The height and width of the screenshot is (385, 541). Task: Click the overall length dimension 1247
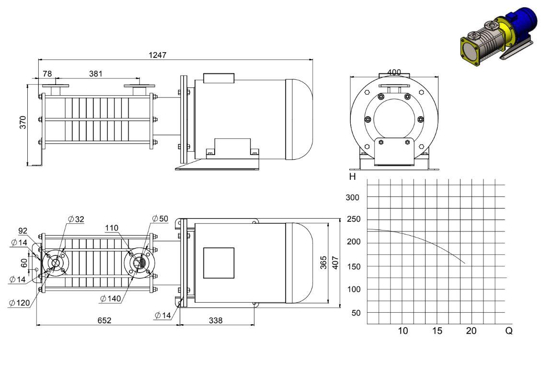click(x=158, y=55)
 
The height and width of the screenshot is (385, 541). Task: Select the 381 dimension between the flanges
click(x=95, y=74)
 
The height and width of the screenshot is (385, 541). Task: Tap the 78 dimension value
click(x=47, y=74)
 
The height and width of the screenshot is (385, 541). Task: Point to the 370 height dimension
click(x=23, y=122)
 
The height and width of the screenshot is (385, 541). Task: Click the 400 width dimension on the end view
click(x=394, y=72)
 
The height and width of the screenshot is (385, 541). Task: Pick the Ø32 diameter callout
click(x=76, y=220)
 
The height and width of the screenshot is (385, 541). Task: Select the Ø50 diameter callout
click(x=160, y=219)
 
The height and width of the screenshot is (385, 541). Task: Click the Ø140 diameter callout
click(x=111, y=298)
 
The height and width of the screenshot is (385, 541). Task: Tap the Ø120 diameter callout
click(x=19, y=303)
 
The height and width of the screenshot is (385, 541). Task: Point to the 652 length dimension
click(x=104, y=320)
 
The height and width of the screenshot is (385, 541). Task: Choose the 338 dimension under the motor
click(x=216, y=320)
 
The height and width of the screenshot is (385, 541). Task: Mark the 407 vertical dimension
click(x=335, y=263)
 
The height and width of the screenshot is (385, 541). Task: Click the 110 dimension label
click(x=112, y=228)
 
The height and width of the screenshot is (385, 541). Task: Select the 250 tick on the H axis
click(x=354, y=219)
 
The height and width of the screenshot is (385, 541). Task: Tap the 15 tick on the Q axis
click(x=437, y=331)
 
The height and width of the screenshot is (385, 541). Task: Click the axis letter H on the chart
click(x=352, y=177)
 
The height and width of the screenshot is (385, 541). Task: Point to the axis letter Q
click(x=509, y=331)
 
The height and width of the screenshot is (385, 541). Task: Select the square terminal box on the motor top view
click(x=219, y=263)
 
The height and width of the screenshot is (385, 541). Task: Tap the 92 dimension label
click(x=23, y=231)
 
